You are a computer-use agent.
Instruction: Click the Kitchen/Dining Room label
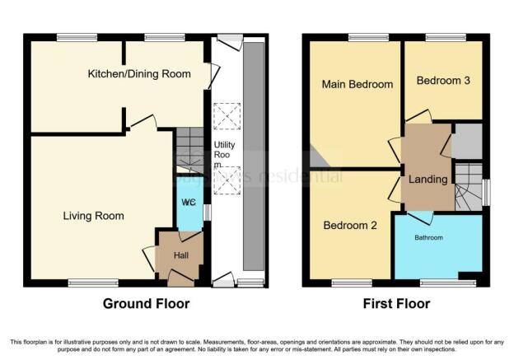(x=139, y=74)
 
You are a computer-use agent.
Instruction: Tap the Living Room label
(x=94, y=216)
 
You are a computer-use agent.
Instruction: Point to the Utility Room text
(x=225, y=155)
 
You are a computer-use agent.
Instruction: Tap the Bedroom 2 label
(x=350, y=225)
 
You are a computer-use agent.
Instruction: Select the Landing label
(x=428, y=179)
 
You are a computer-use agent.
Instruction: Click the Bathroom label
(x=428, y=238)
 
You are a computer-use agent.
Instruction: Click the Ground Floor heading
(x=146, y=304)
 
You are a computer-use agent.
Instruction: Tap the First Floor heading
(x=397, y=304)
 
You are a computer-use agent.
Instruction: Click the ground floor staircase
(x=189, y=148)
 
